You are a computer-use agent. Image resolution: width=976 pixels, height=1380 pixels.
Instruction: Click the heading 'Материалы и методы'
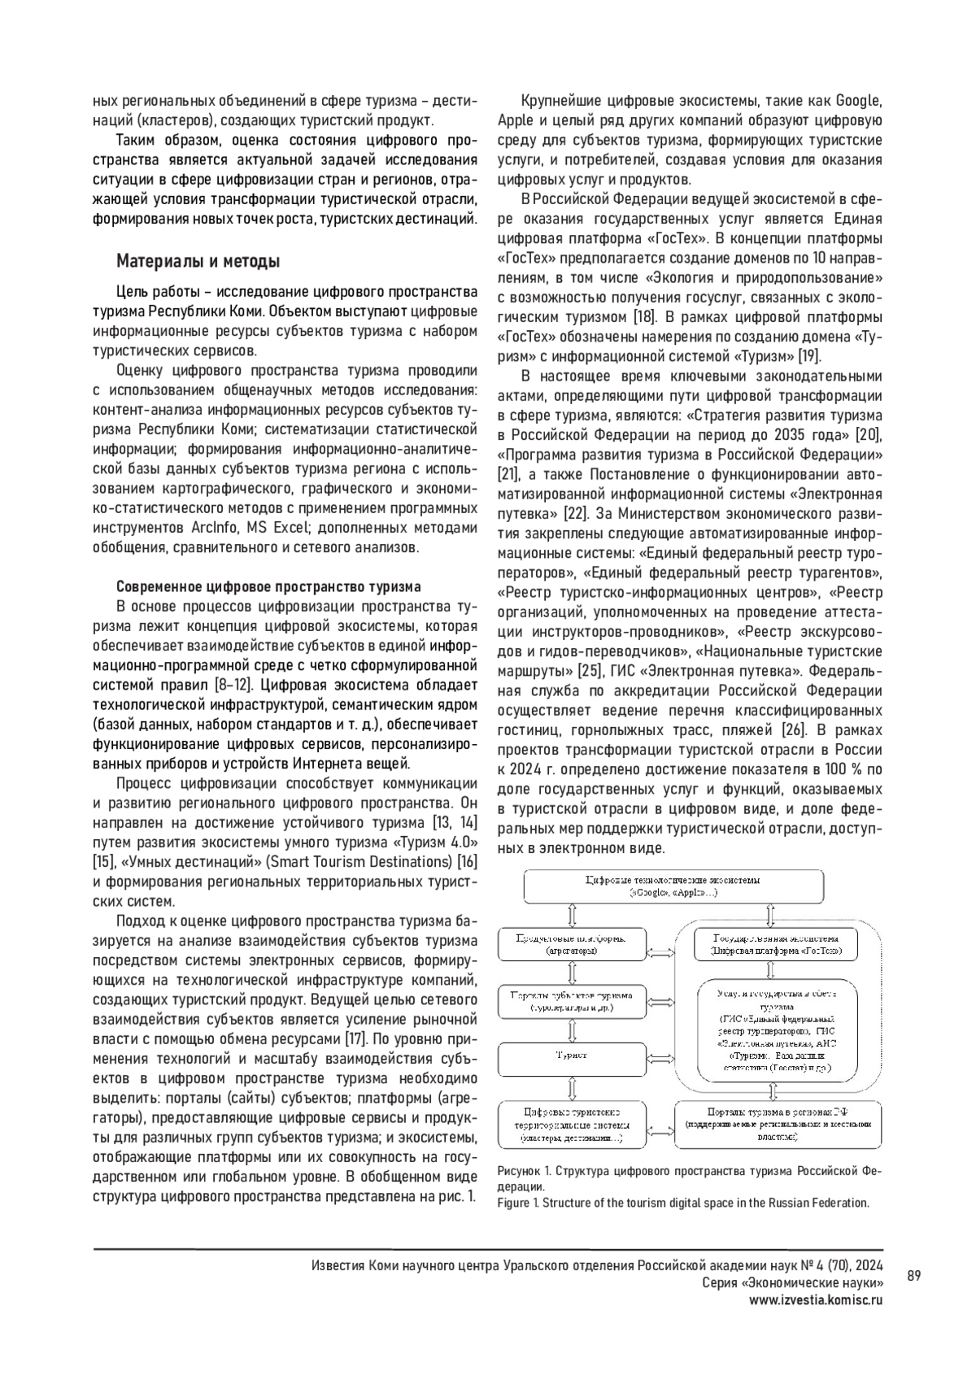[198, 262]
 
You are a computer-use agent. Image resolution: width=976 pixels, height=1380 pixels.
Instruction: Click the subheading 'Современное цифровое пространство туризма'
[268, 586]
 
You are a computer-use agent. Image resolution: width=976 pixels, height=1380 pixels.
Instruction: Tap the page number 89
[913, 1276]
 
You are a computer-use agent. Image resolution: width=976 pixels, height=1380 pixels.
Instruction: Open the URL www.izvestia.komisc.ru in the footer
[816, 1299]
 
